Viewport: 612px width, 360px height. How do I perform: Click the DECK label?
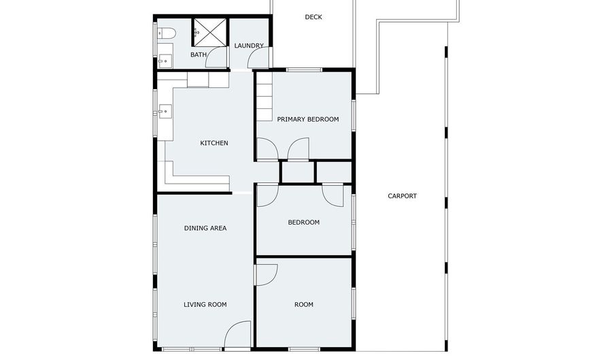coord(313,17)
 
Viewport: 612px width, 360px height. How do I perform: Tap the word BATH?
coord(199,54)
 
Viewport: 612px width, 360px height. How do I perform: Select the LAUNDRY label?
coord(249,46)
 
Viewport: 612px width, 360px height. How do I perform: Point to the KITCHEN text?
coord(214,143)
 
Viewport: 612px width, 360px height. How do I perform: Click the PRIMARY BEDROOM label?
coord(307,119)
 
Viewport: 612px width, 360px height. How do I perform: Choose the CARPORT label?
coord(402,196)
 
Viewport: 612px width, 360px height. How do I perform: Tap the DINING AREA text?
coord(205,228)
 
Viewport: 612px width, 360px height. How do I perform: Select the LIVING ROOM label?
coord(205,304)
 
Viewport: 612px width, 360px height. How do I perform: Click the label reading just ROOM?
coord(303,304)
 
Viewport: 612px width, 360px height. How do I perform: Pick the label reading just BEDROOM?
coord(303,222)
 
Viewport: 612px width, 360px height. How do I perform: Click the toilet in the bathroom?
coord(166,33)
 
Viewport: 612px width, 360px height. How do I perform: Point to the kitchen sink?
coord(164,111)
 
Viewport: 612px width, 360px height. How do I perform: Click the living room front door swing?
coord(238,335)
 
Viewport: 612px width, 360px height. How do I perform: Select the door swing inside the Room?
coord(266,274)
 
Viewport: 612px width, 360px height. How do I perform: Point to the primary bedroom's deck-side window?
coord(304,69)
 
